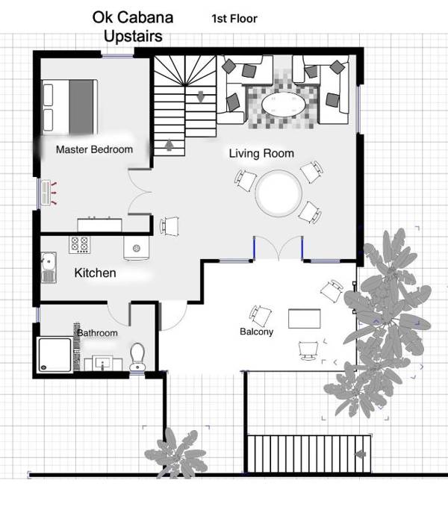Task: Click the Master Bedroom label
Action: pos(94,149)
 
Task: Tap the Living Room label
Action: pos(261,153)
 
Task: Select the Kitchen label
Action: pos(95,273)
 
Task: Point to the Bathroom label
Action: pos(97,333)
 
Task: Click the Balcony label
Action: pos(256,332)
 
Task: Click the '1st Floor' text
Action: pos(234,19)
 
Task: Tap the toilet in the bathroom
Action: pos(137,357)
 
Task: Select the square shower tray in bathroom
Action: pos(55,355)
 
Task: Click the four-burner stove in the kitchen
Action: pos(80,245)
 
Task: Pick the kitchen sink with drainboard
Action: pos(49,267)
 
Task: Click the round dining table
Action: pos(279,193)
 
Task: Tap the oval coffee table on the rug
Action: pos(284,105)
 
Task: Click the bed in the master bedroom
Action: pos(69,107)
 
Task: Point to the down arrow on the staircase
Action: pos(201,97)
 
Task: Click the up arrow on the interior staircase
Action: pos(169,145)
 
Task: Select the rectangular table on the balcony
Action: pos(305,319)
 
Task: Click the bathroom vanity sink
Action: pos(103,364)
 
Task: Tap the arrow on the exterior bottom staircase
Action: pos(361,454)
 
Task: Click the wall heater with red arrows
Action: pos(48,193)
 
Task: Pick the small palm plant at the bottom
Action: pos(177,453)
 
